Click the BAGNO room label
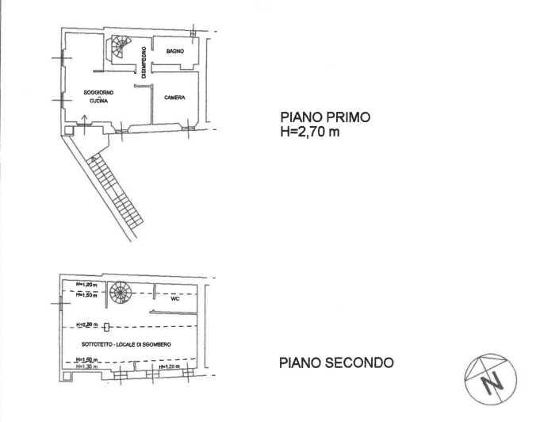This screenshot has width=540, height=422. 175,52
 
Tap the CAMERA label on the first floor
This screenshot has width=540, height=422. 174,98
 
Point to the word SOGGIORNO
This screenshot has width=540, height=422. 98,93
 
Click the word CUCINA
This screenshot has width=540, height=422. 98,102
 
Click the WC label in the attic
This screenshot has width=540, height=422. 176,300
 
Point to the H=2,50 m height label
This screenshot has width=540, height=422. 86,326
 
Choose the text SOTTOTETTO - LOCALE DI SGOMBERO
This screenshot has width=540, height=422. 126,343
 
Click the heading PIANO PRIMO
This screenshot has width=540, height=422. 320,117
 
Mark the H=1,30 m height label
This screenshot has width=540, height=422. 85,367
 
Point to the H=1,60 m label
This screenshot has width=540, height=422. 85,360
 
